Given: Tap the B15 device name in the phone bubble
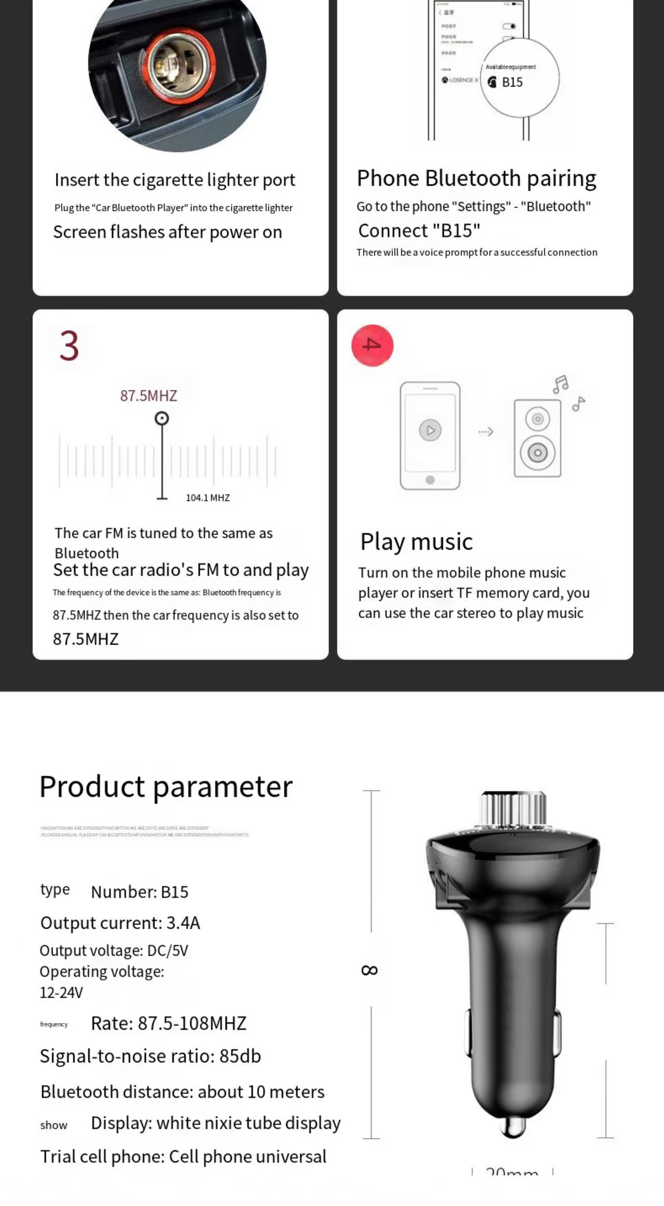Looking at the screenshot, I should click(512, 82).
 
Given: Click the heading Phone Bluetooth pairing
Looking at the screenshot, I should click(476, 178).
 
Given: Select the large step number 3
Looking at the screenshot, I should click(69, 346).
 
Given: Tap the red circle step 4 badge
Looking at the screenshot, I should click(372, 345).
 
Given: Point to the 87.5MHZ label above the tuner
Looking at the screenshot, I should click(149, 396).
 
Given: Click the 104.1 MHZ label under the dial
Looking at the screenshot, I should click(208, 498).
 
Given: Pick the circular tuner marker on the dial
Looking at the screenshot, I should click(162, 418).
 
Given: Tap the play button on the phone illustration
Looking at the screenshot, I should click(430, 430).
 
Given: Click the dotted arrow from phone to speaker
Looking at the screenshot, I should click(486, 431).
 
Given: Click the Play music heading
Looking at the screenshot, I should click(417, 542).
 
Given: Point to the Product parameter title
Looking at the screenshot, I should click(166, 787).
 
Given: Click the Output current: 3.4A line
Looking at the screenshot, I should click(120, 923).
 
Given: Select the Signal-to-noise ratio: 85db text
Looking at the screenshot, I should click(150, 1056).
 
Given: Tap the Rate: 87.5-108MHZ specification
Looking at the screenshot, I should click(169, 1023).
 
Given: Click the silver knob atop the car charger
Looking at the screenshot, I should click(513, 809).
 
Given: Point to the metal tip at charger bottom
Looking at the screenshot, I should click(513, 1126).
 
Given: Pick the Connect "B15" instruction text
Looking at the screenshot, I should click(419, 231).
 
